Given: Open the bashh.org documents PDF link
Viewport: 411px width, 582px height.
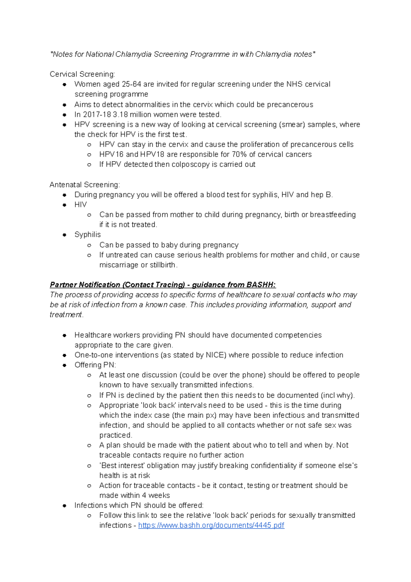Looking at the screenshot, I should pos(211,525).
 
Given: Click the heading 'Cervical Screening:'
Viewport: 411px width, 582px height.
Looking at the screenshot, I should pos(82,74).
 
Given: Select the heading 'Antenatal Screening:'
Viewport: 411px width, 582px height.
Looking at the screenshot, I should pos(85,185).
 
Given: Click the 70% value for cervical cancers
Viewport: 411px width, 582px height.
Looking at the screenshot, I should pos(239,155).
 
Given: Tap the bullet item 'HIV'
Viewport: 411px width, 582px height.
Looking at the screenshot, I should pos(80,205).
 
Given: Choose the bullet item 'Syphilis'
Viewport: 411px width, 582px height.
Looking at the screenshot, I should pos(88,235).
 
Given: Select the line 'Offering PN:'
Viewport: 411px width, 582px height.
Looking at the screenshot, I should pos(95,365).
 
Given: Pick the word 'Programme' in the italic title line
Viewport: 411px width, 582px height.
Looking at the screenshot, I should pos(210,54).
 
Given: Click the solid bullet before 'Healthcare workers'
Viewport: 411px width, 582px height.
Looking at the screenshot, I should pos(64,335).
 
